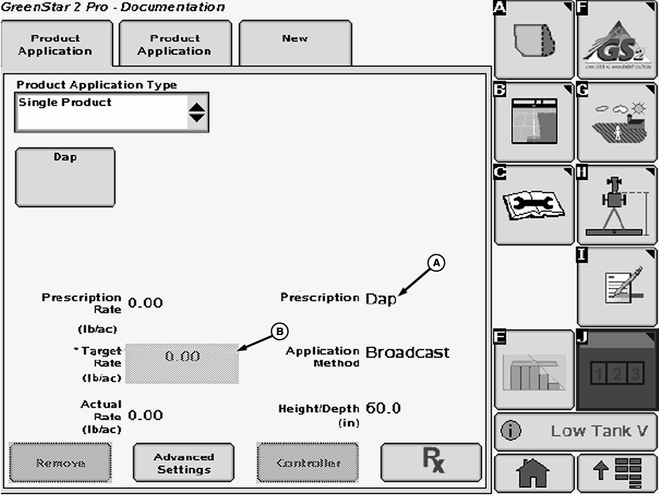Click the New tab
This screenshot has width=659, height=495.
[x=295, y=43]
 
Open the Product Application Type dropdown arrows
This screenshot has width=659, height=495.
[x=197, y=113]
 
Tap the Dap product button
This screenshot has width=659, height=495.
[x=65, y=177]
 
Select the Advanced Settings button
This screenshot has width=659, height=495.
[x=184, y=463]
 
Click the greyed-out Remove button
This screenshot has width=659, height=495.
[x=60, y=463]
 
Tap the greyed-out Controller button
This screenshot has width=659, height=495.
[x=307, y=463]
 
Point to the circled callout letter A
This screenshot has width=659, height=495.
[x=437, y=263]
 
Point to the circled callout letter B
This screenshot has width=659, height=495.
[x=280, y=331]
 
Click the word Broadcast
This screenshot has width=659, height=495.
[x=408, y=353]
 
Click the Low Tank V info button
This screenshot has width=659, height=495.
[x=575, y=432]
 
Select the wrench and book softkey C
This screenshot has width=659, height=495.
[x=533, y=205]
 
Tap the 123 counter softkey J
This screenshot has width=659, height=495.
[x=616, y=370]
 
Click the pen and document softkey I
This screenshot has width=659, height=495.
[x=616, y=287]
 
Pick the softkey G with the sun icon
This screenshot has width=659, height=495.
[x=616, y=123]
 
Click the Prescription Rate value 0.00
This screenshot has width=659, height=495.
[x=146, y=302]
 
